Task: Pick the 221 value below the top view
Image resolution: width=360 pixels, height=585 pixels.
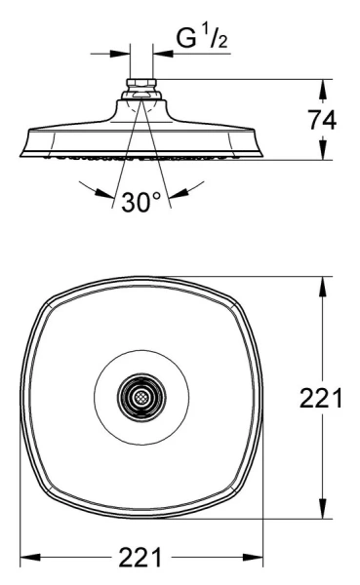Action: pyautogui.click(x=141, y=559)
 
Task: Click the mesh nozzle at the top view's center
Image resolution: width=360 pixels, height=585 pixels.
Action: pyautogui.click(x=141, y=397)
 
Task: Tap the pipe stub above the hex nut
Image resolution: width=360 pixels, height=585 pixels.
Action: pyautogui.click(x=142, y=68)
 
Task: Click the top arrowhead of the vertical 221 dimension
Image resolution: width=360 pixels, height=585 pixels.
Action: pyautogui.click(x=321, y=283)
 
